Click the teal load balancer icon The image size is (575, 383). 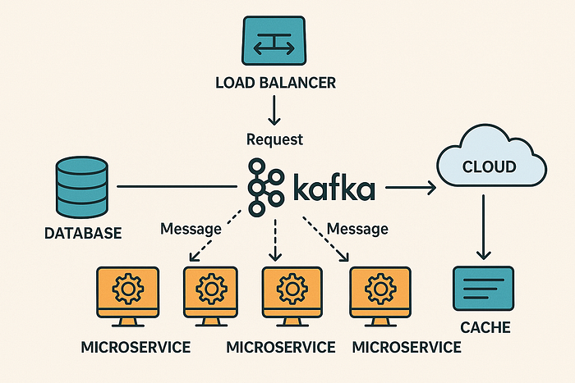click(x=274, y=41)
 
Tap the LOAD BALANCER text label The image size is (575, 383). click(x=275, y=83)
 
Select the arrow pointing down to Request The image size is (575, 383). click(x=274, y=110)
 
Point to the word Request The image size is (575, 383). click(x=274, y=139)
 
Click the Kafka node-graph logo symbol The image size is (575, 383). click(x=266, y=186)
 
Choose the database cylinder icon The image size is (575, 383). click(x=82, y=187)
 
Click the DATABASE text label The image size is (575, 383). click(x=83, y=233)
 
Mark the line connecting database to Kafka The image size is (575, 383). click(x=177, y=186)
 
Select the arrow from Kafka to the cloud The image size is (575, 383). click(x=411, y=188)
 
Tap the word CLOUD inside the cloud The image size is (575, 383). click(x=490, y=167)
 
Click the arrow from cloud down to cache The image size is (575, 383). click(x=484, y=227)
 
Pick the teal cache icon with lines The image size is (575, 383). click(x=483, y=288)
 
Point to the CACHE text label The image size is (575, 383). click(x=485, y=327)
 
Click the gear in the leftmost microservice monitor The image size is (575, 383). click(x=127, y=289)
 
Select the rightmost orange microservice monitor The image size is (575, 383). click(x=380, y=296)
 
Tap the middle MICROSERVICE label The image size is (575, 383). click(x=281, y=347)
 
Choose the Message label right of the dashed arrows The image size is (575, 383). click(x=357, y=229)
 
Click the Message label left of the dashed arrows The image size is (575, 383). click(x=191, y=229)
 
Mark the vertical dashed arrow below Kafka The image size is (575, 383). click(x=275, y=239)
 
